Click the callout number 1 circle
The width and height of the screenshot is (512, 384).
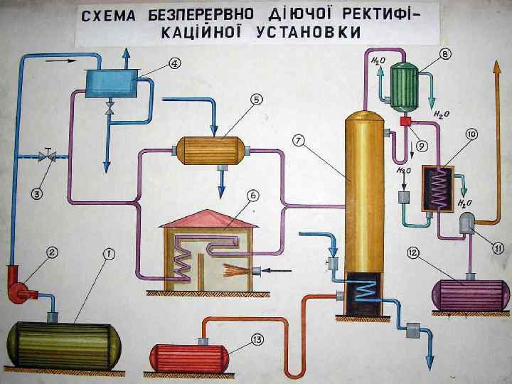coord(107,252)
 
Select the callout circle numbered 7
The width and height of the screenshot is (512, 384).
coord(299,141)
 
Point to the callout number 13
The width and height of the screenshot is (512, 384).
coord(257,340)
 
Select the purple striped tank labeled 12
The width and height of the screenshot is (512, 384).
coord(471,294)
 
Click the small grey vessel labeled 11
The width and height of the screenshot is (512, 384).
coord(469,225)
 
